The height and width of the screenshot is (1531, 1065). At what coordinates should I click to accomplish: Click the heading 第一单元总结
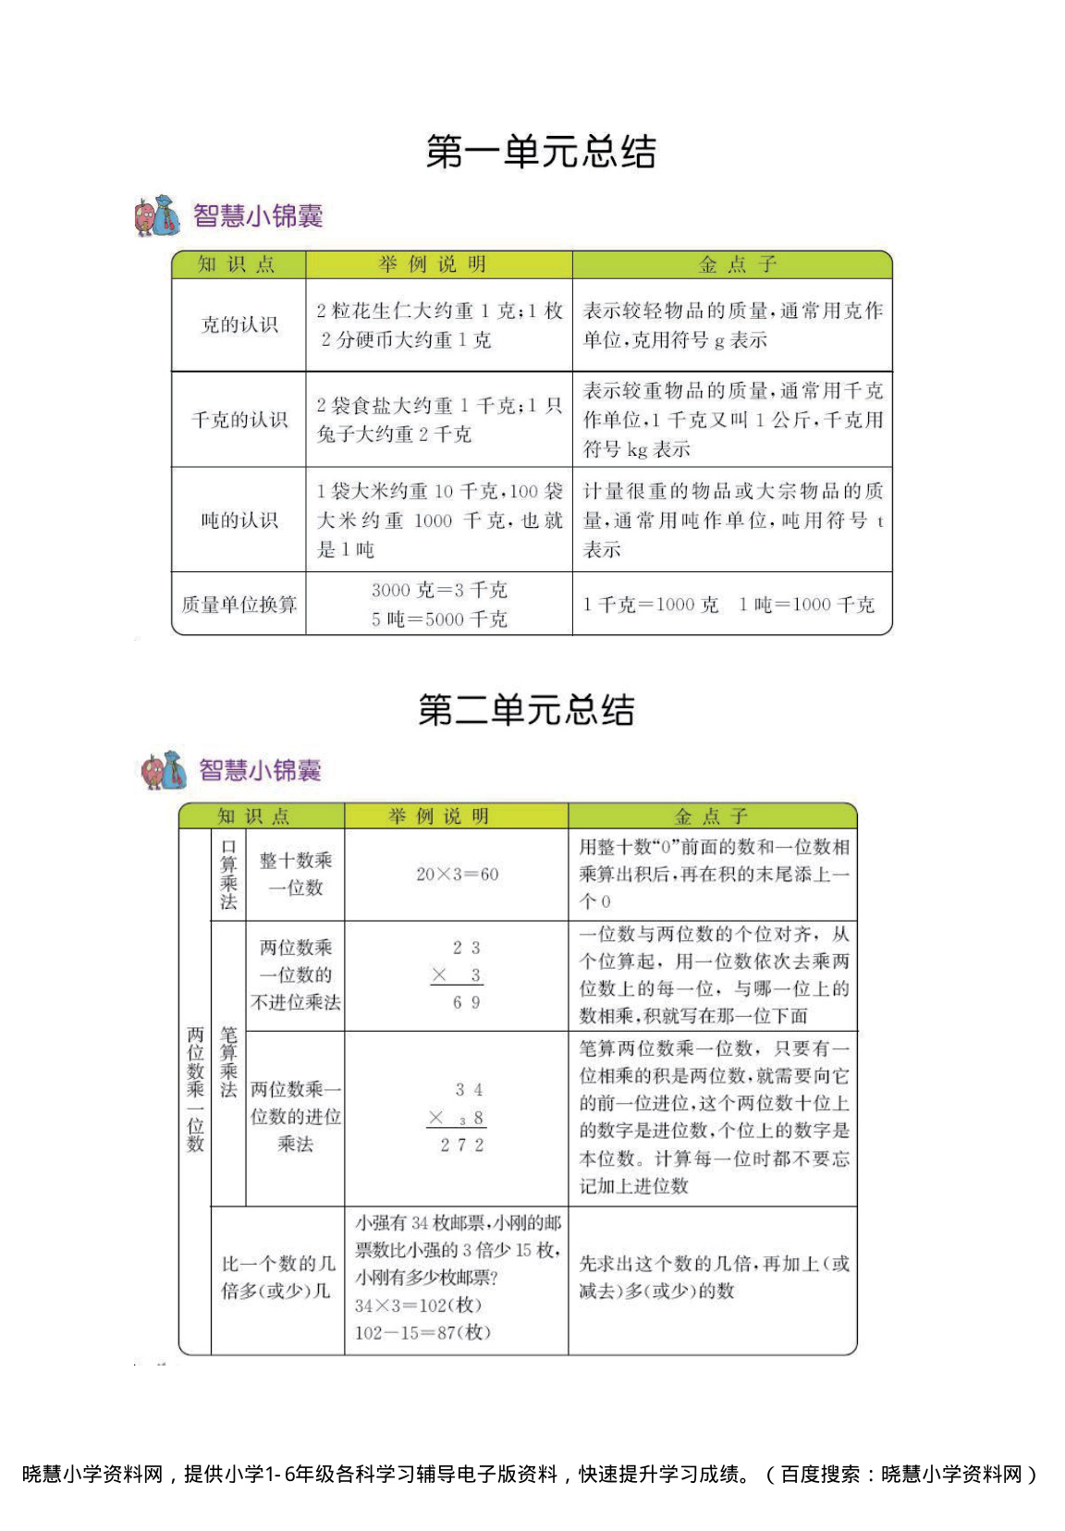(x=541, y=152)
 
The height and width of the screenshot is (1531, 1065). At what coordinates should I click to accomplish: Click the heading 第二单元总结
(x=526, y=710)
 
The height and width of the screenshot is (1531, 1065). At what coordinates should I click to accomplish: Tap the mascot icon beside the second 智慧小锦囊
(x=164, y=770)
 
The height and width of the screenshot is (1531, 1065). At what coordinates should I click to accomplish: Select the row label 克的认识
(x=239, y=325)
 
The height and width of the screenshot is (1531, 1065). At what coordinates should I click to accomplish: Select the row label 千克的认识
(x=239, y=420)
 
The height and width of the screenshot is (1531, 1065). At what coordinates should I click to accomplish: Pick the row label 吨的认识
(x=239, y=520)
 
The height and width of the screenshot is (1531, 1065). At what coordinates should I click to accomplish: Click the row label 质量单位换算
(x=239, y=605)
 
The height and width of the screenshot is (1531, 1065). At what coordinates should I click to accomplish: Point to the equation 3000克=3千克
(x=439, y=590)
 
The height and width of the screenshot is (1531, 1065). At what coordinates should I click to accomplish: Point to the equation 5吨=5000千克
(x=439, y=619)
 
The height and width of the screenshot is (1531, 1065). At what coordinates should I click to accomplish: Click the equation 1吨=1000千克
(x=806, y=605)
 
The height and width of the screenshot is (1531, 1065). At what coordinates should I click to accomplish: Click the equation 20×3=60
(x=457, y=874)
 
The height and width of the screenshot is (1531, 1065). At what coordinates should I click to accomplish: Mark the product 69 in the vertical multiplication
(x=466, y=1002)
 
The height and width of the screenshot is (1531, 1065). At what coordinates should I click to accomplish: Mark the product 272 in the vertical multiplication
(x=461, y=1145)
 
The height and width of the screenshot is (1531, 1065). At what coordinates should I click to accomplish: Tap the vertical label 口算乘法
(x=228, y=874)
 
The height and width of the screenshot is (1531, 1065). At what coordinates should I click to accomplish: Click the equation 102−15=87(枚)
(x=422, y=1332)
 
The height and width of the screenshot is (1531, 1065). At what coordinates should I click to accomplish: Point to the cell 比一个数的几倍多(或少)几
(x=277, y=1277)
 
